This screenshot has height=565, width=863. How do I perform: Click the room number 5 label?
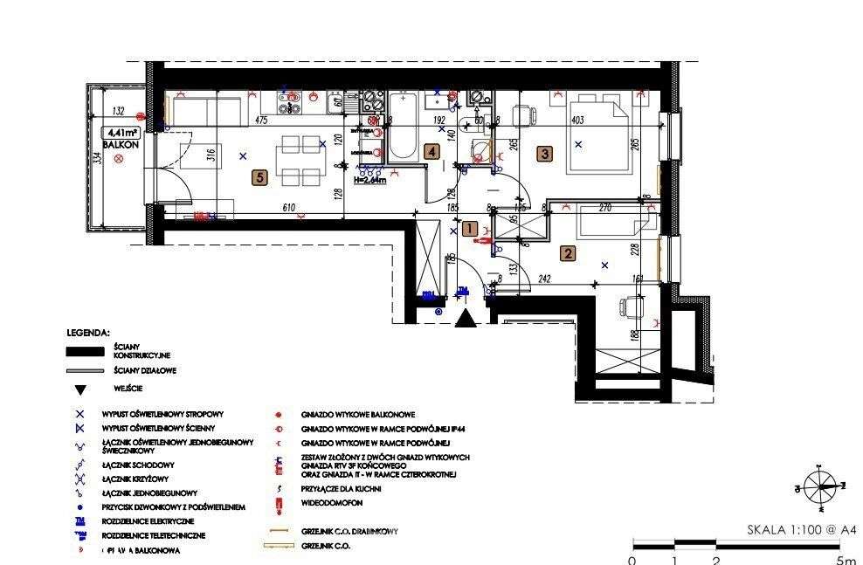click(x=259, y=178)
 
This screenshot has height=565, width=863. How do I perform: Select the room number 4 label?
click(x=431, y=151)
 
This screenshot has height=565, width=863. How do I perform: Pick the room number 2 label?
click(x=568, y=254)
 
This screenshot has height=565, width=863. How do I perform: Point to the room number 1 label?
click(x=469, y=229)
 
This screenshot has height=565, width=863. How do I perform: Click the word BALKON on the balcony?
click(x=120, y=145)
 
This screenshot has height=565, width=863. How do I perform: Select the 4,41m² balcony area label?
click(x=123, y=133)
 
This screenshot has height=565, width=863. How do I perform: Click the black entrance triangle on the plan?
click(x=466, y=319)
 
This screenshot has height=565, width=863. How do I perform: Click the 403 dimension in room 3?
click(x=576, y=121)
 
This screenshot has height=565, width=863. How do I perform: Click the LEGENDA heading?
click(x=88, y=333)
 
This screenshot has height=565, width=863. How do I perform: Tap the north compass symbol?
click(x=820, y=486)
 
